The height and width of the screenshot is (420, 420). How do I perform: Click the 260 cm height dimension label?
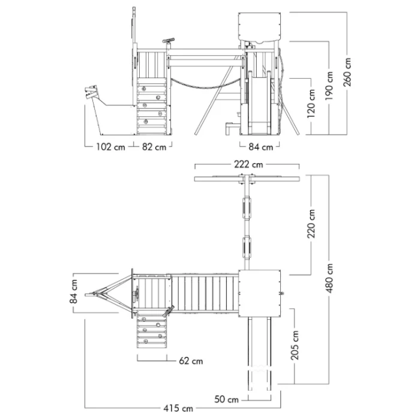347,72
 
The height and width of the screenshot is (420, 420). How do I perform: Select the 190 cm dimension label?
329,86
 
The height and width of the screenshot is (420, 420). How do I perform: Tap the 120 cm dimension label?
311,104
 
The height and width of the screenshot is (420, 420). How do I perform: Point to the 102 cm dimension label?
111,147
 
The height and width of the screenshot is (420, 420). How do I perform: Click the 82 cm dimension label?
154,147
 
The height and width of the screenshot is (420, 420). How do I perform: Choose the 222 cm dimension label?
248,164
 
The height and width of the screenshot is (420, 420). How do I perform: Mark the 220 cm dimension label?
311,224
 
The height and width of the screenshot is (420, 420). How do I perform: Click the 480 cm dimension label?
329,278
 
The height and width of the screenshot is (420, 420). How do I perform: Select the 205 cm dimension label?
295,345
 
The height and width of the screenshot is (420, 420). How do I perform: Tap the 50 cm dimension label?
226,399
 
